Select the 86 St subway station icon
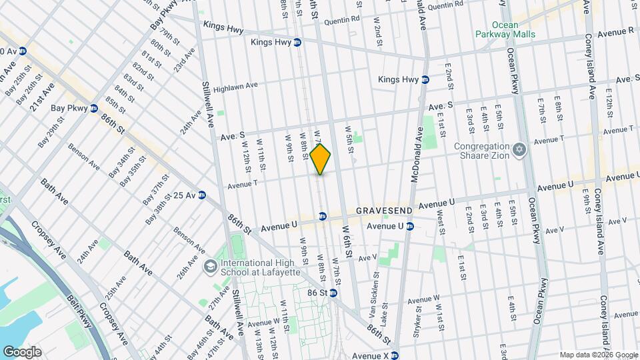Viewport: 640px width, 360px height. [333, 293]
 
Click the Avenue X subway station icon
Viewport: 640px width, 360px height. [395, 355]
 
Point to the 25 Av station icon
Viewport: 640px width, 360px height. [201, 195]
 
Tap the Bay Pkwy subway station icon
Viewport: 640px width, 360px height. [94, 108]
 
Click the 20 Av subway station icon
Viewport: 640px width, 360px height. [23, 51]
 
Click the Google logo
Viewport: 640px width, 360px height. [22, 351]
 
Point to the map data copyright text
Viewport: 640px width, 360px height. [598, 355]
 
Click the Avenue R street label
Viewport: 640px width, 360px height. [615, 31]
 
